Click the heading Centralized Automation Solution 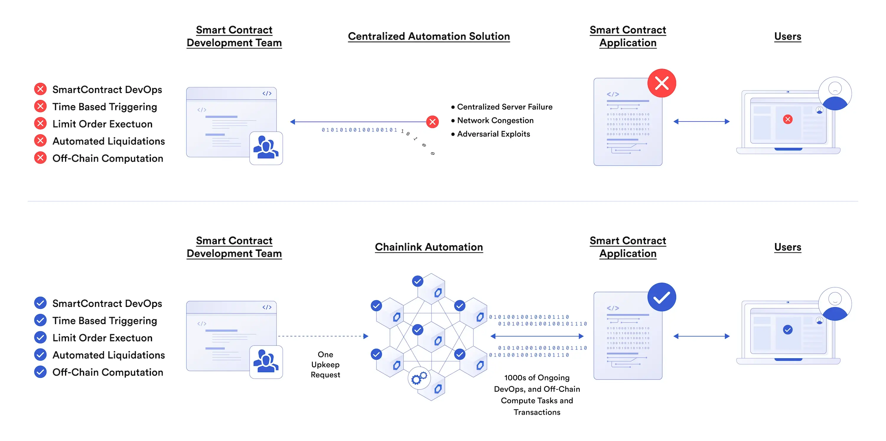coord(429,36)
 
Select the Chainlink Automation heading coord(429,247)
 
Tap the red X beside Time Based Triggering coord(40,106)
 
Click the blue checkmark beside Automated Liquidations coord(40,355)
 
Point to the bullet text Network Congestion coord(495,121)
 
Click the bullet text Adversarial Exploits coord(494,134)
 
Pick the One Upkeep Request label coord(325,364)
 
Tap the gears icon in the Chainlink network coord(419,378)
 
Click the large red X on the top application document coord(662,83)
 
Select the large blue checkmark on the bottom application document coord(662,297)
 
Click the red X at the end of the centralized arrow coord(432,121)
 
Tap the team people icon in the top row coord(266,148)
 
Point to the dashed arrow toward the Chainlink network coord(323,336)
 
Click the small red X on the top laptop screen coord(788,119)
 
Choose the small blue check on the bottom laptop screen coord(788,330)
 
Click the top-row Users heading coord(788,36)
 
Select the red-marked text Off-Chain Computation coord(108,158)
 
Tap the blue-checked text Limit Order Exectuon coord(102,338)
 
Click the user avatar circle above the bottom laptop coord(835,304)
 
